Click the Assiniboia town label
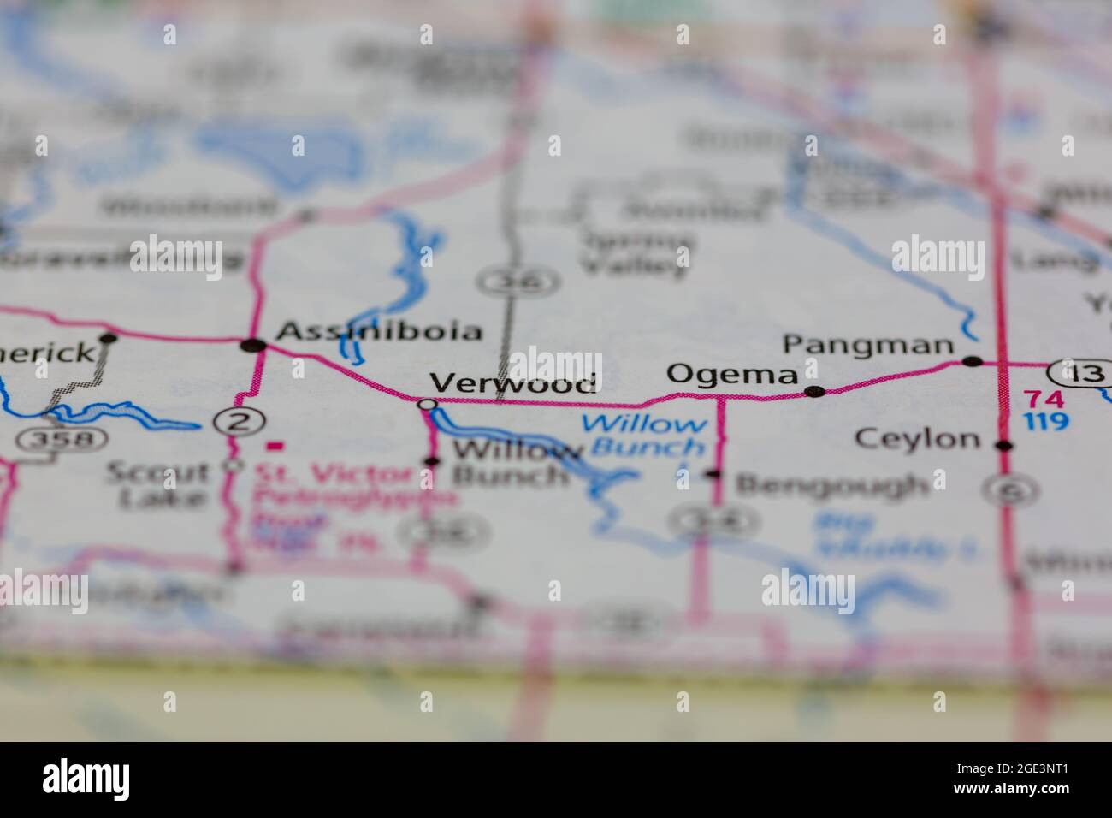click(380, 331)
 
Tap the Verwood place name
click(512, 383)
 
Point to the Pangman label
click(868, 345)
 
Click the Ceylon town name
click(918, 440)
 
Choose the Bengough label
click(831, 485)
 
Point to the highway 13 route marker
click(1080, 374)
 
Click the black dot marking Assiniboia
click(254, 346)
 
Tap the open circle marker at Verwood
click(427, 403)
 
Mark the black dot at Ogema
click(815, 392)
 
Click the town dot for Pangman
click(973, 361)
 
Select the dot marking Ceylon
click(1005, 445)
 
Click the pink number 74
click(1044, 399)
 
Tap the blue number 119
click(1044, 421)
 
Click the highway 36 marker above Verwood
click(519, 281)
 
